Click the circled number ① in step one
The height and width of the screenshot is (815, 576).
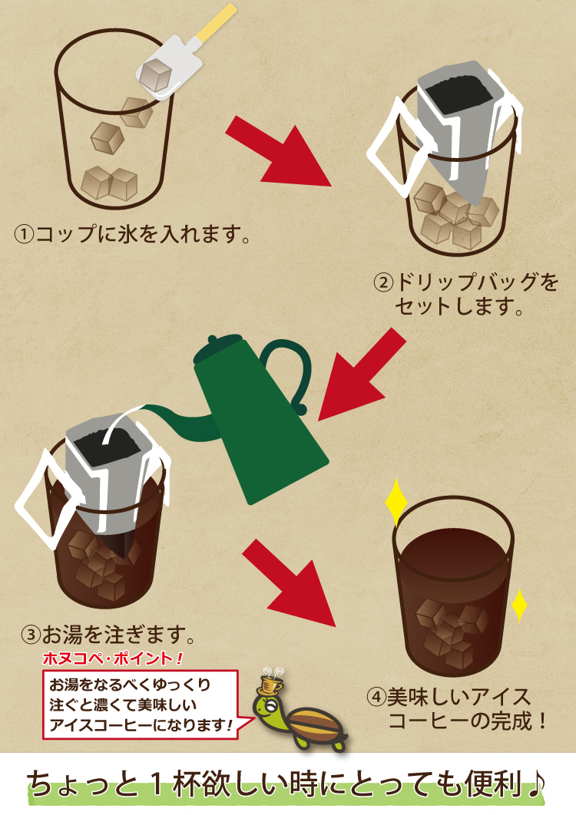coord(24,234)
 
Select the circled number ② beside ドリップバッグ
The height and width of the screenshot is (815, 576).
coord(383,282)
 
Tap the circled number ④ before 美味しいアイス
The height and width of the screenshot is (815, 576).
coord(376,697)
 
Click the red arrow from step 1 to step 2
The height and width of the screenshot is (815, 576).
coord(279,151)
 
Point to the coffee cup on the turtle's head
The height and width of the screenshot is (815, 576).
coord(271,682)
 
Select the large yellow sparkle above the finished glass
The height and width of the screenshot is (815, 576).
coord(396,502)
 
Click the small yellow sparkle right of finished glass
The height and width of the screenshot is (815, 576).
coord(519,605)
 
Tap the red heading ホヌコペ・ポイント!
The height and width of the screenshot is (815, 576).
coord(112,659)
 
